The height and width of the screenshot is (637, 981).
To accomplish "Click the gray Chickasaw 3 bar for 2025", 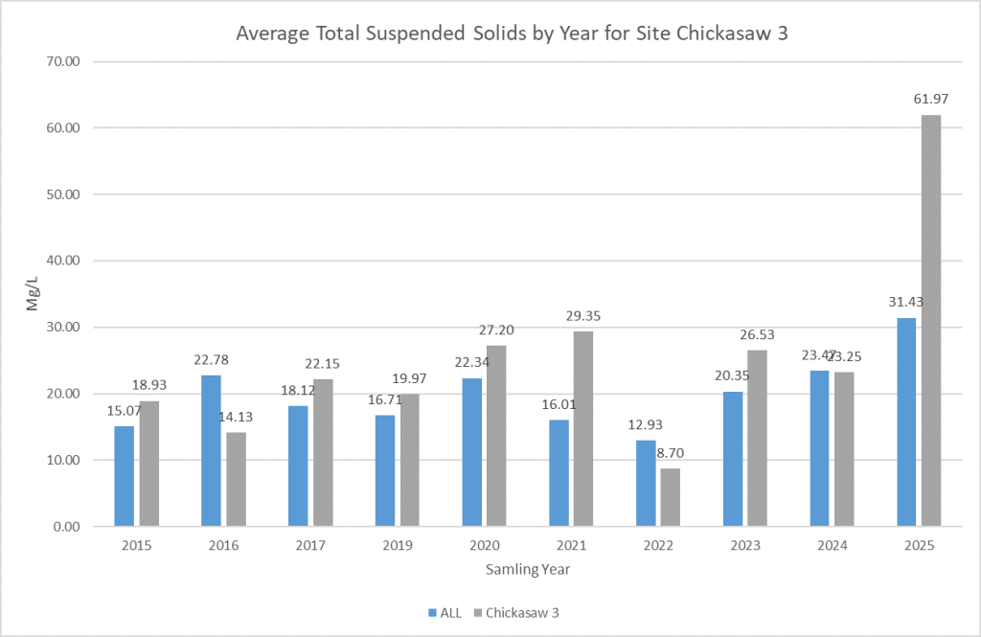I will tap(928, 321).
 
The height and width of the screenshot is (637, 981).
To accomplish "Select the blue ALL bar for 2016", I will tap(211, 450).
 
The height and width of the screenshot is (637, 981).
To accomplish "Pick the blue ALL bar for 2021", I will tap(559, 473).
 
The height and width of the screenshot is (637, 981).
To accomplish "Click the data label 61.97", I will tap(928, 99).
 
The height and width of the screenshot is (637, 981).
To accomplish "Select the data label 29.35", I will tap(582, 315).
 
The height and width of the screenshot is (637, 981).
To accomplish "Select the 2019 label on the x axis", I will tap(397, 546).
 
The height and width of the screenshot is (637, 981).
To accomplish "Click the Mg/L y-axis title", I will tap(31, 293).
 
